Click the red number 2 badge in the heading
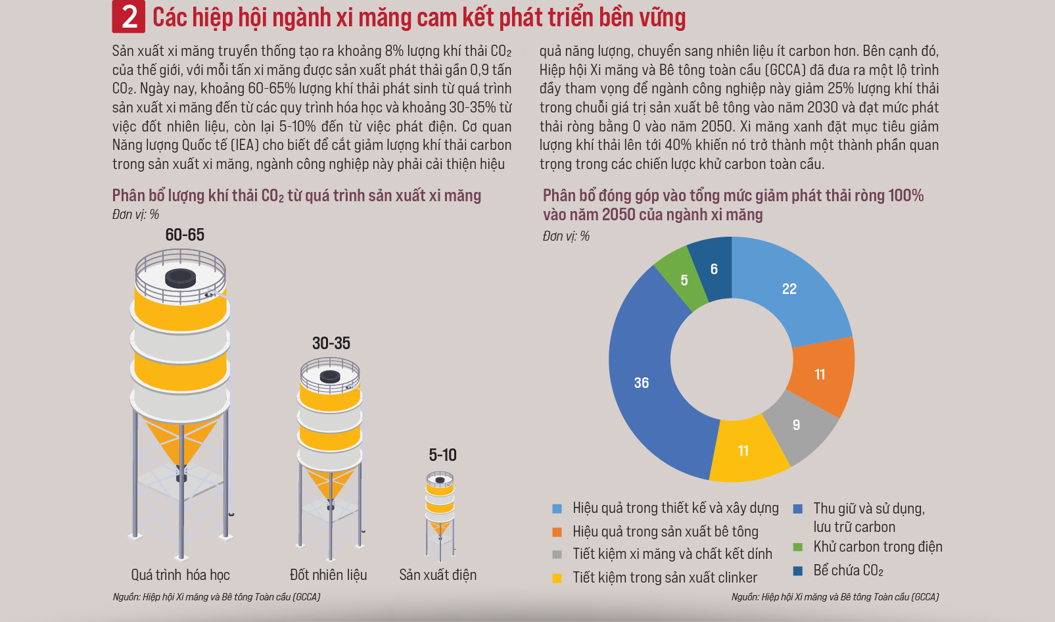pyautogui.click(x=129, y=17)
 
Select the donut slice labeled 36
pyautogui.click(x=641, y=383)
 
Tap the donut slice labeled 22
pyautogui.click(x=789, y=289)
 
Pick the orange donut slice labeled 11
pyautogui.click(x=820, y=375)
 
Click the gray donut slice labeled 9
pyautogui.click(x=797, y=425)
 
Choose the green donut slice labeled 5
pyautogui.click(x=684, y=281)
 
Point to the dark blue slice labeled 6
pyautogui.click(x=714, y=270)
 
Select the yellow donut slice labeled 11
pyautogui.click(x=743, y=451)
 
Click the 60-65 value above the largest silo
pyautogui.click(x=185, y=235)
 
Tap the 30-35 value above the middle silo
pyautogui.click(x=331, y=343)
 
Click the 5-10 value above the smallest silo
pyautogui.click(x=442, y=455)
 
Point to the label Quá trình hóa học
pyautogui.click(x=180, y=575)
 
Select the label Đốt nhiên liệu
pyautogui.click(x=328, y=575)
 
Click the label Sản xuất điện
pyautogui.click(x=438, y=575)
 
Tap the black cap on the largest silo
pyautogui.click(x=180, y=277)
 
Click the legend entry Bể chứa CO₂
pyautogui.click(x=848, y=571)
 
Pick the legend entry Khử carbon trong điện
pyautogui.click(x=877, y=547)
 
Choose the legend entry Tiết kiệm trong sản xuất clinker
pyautogui.click(x=664, y=578)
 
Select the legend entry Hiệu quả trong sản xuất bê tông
pyautogui.click(x=665, y=532)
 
